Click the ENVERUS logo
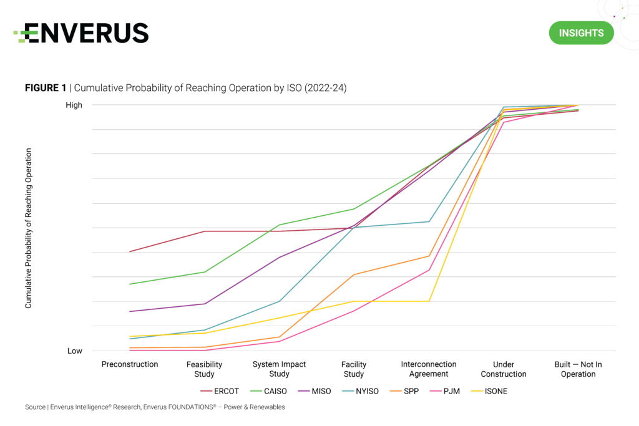[82, 33]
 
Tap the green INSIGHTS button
[581, 33]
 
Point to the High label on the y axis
[74, 105]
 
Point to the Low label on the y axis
[75, 351]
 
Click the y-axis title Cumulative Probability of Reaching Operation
[29, 228]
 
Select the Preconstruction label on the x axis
[130, 364]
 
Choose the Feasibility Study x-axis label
[204, 369]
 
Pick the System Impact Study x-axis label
[279, 369]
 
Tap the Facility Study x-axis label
[354, 369]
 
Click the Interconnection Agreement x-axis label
[429, 369]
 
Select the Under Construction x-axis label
[504, 369]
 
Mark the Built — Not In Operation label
[578, 369]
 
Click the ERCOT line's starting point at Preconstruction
[130, 252]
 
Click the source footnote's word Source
[35, 407]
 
